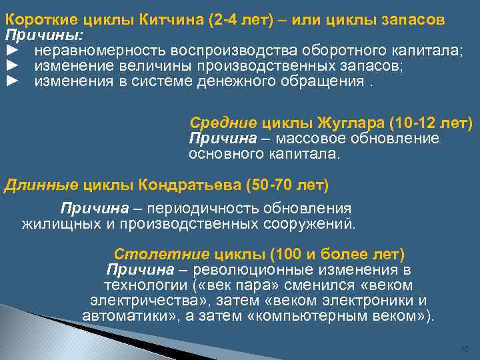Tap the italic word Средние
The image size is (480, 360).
[223, 123]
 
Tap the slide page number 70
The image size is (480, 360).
[465, 349]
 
